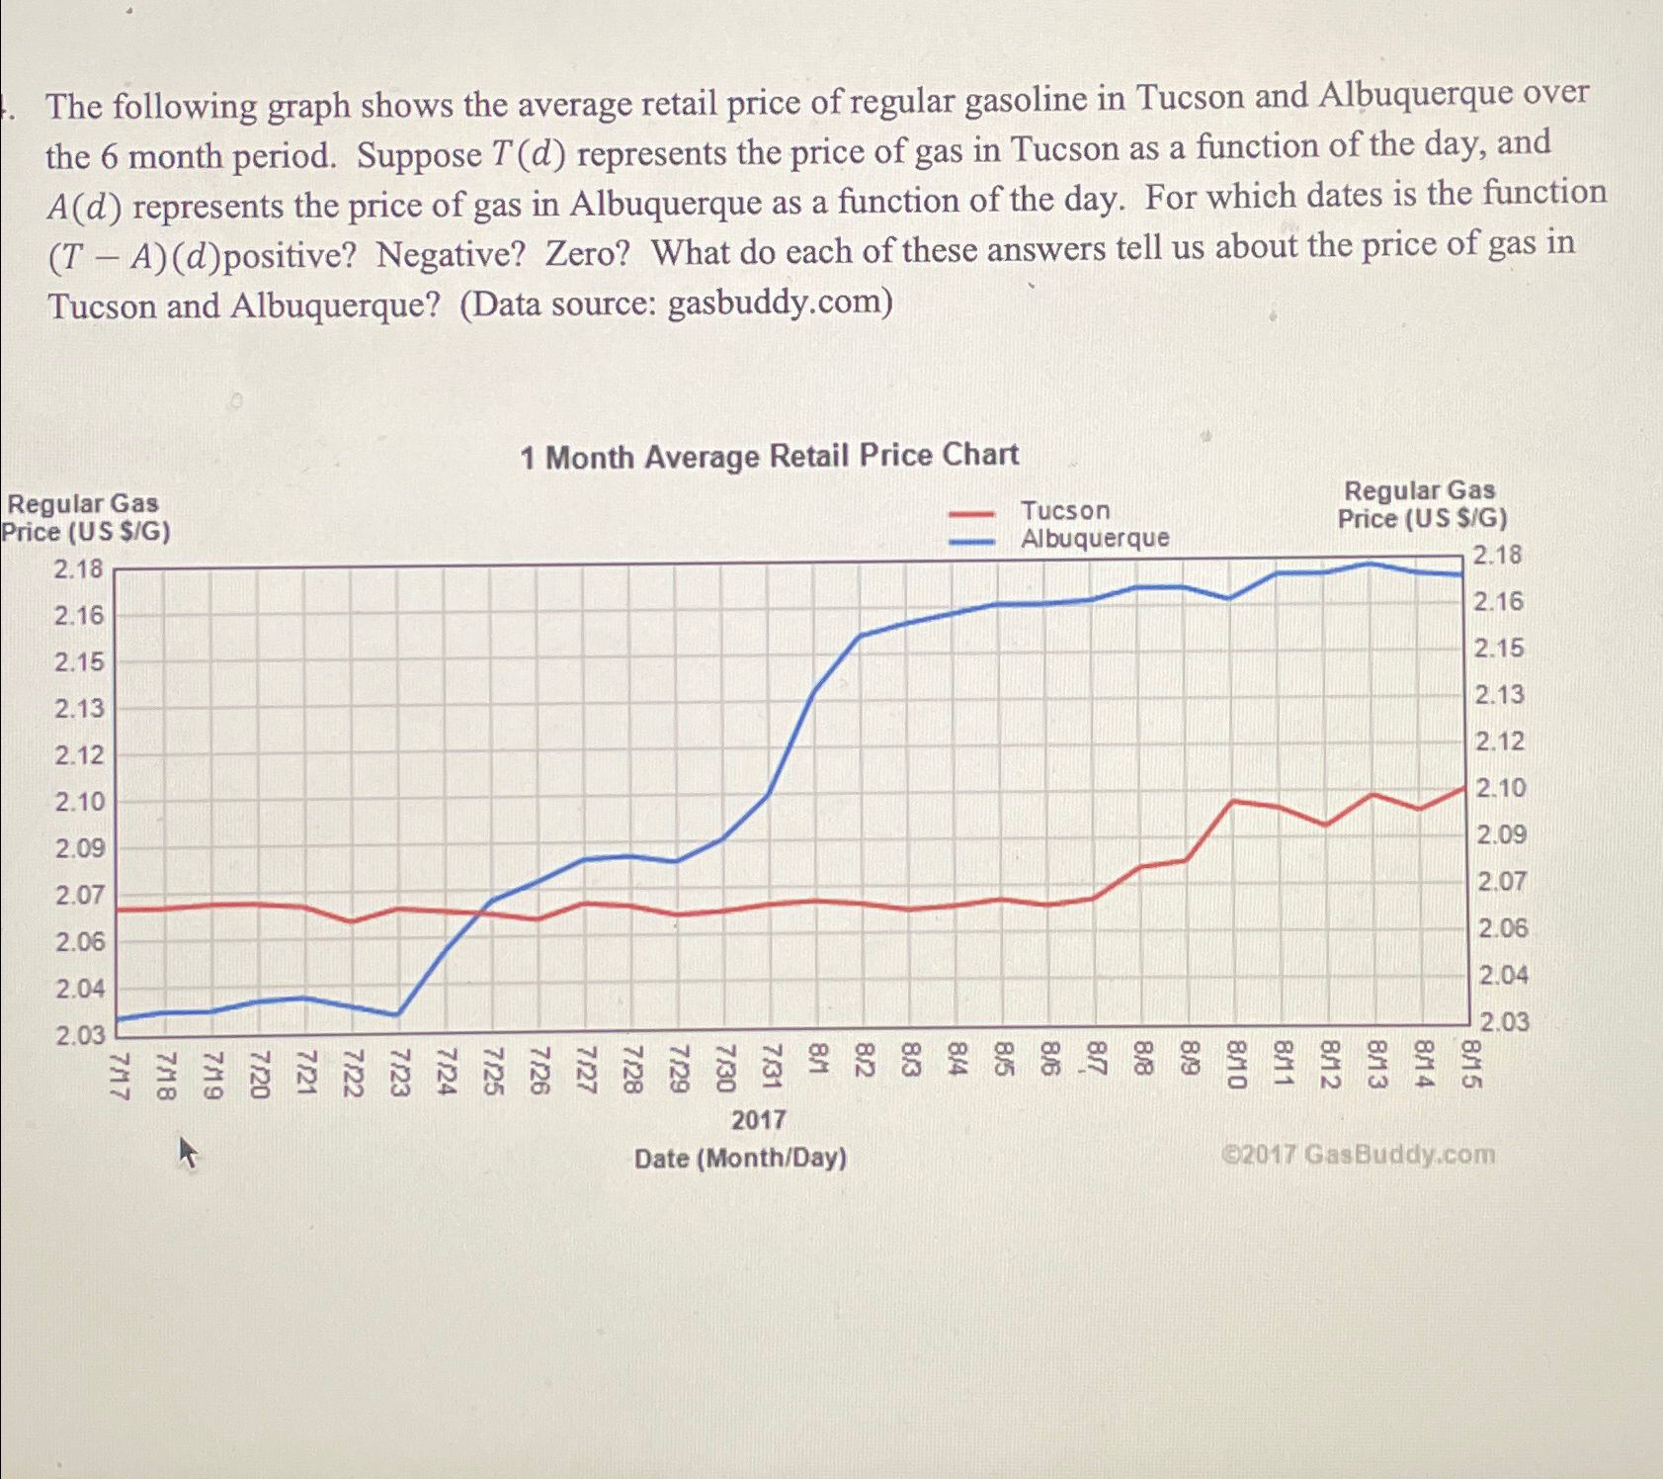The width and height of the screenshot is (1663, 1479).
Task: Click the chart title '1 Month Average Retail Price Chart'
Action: [x=769, y=456]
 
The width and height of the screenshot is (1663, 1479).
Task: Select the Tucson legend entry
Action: [x=1064, y=510]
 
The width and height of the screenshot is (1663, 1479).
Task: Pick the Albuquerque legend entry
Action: [x=1094, y=538]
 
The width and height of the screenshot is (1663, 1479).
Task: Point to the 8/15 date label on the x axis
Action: [x=1471, y=1064]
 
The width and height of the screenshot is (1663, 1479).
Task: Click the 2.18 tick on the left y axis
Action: [x=79, y=568]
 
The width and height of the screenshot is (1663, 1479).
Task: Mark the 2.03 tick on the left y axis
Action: [x=79, y=1035]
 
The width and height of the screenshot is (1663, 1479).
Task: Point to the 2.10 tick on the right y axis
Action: [x=1500, y=788]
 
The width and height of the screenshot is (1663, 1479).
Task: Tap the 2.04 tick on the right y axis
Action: [x=1502, y=976]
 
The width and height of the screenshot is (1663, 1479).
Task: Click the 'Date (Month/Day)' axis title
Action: [x=740, y=1158]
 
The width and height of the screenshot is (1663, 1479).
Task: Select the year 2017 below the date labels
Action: [x=758, y=1120]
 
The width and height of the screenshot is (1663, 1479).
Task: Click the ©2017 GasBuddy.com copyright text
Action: [x=1358, y=1154]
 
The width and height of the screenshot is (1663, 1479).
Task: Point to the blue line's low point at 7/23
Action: [x=397, y=1014]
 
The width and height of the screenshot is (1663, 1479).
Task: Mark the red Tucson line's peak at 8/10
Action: [x=1232, y=800]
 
